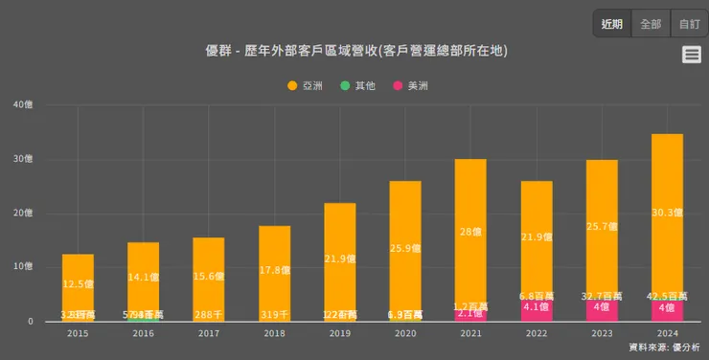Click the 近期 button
point(611,24)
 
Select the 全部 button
point(651,24)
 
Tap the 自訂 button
point(689,24)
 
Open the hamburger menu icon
point(692,55)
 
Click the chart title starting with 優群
point(355,51)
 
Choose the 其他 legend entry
point(358,85)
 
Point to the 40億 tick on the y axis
point(23,104)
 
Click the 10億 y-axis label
point(23,267)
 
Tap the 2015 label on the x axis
point(78,333)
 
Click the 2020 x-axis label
point(404,333)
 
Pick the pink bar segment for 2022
point(536,309)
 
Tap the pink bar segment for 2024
point(666,309)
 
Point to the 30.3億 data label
point(667,213)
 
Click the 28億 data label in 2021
point(469,232)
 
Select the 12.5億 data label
point(78,284)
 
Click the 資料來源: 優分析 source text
point(664,346)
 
